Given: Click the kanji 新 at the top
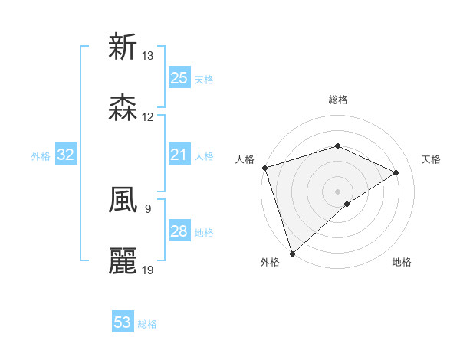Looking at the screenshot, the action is [123, 47].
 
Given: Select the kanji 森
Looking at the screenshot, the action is [123, 108].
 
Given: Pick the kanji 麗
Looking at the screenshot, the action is [123, 261].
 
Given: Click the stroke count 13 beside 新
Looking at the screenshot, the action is [148, 56].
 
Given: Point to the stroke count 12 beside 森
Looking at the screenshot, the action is [148, 117].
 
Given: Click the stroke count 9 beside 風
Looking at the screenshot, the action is [147, 208].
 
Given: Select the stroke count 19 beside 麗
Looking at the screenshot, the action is [148, 270].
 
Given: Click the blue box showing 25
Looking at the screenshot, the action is [179, 78].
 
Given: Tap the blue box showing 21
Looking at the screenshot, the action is [179, 155].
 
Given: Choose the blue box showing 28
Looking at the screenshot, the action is [179, 231].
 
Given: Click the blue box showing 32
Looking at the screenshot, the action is [66, 155].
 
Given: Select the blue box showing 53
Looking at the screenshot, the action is [123, 322].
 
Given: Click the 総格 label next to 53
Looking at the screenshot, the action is [147, 324].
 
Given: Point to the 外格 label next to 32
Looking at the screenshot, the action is [41, 156].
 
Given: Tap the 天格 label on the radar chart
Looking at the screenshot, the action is [432, 159].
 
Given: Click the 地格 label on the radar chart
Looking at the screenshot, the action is [402, 262].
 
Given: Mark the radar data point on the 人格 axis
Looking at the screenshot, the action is [264, 168].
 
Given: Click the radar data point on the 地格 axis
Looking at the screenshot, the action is [347, 204].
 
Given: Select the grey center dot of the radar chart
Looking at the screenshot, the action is [337, 191].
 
